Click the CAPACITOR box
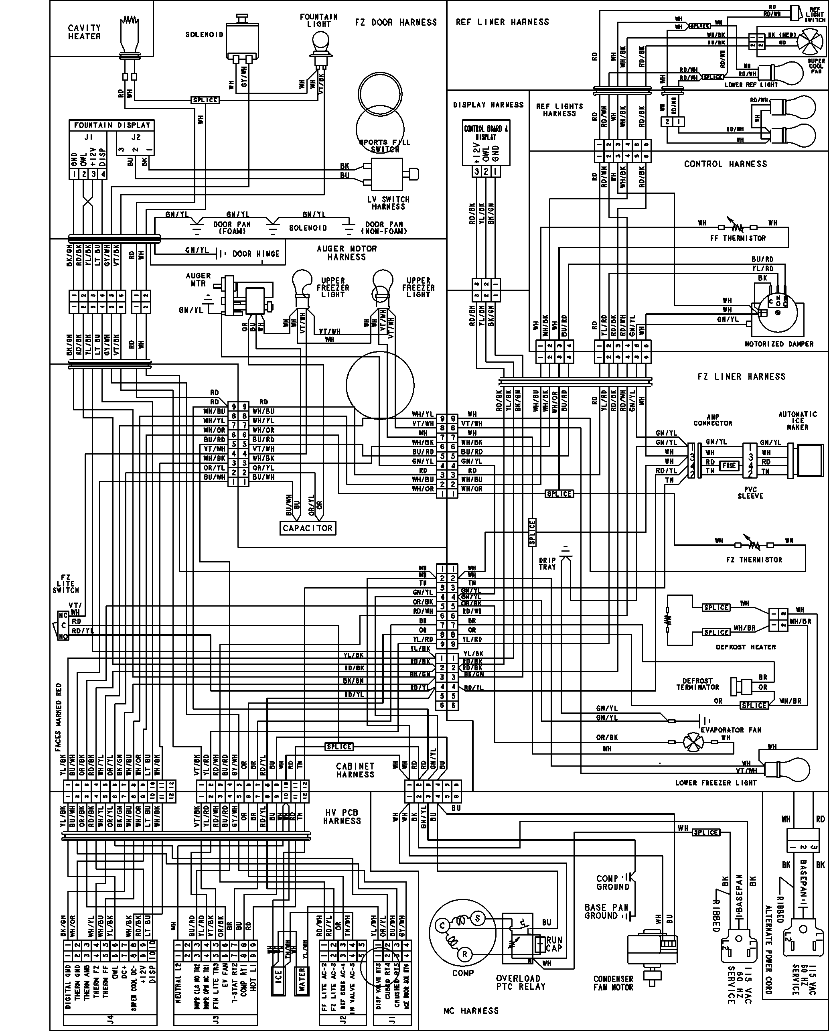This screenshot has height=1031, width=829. coord(307,528)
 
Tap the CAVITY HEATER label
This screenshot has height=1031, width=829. coord(84,32)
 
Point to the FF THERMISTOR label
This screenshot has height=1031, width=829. coord(738,238)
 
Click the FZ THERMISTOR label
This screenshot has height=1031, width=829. coord(754,560)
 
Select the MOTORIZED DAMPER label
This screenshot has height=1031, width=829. coord(779,344)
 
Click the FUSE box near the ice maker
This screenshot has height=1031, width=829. coord(729,465)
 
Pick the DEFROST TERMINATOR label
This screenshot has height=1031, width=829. coord(697,684)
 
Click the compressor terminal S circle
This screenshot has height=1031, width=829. coord(477,917)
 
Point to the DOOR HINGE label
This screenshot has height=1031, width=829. coord(256,254)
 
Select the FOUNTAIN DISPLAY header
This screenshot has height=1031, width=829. coord(112,125)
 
